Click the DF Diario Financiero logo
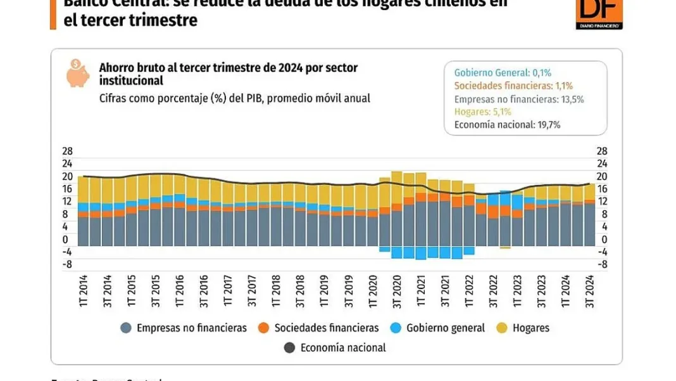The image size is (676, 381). click(x=599, y=13)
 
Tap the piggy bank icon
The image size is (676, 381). click(x=78, y=73)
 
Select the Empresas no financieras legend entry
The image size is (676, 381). click(x=183, y=328)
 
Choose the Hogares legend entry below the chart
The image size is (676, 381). click(x=523, y=328)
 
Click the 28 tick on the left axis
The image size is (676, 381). click(x=66, y=152)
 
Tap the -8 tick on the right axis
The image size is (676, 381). click(x=602, y=264)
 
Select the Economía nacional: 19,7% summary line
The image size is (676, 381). click(x=508, y=125)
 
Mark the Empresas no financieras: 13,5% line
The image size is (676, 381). click(x=519, y=99)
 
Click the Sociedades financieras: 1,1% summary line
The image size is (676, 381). click(x=513, y=86)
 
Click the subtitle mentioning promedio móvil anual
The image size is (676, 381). click(x=234, y=98)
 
